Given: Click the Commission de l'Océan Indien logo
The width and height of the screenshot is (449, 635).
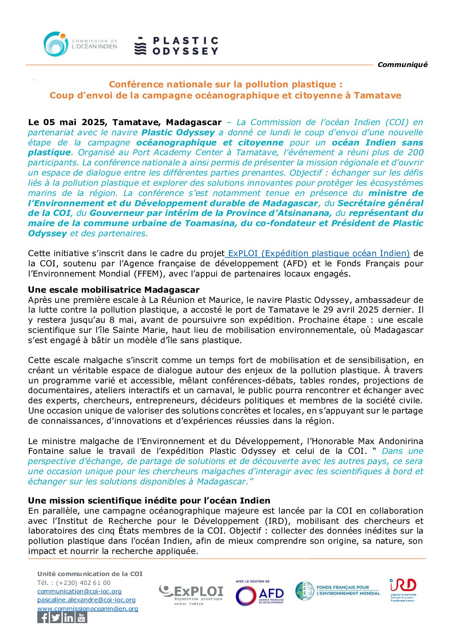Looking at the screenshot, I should tap(80, 44).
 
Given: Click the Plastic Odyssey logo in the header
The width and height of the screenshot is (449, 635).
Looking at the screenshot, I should tap(176, 46).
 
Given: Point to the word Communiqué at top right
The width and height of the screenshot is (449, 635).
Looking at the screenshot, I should tap(402, 64).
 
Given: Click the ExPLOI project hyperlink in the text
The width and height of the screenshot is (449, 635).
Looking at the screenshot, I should tap(318, 253).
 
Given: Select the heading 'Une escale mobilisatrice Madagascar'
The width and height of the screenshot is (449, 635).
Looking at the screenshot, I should tap(114, 290).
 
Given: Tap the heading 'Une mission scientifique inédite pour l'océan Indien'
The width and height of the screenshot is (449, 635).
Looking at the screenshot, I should tap(149, 500).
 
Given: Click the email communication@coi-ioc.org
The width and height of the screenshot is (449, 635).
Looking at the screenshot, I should tap(79, 591).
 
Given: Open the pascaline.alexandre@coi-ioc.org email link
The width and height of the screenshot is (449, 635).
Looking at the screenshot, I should tap(86, 600).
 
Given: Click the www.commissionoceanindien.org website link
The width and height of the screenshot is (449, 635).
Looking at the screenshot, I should tap(88, 609).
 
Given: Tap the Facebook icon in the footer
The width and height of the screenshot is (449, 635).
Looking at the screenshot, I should tap(43, 618).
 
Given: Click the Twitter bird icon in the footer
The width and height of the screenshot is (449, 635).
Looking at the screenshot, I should tap(56, 618).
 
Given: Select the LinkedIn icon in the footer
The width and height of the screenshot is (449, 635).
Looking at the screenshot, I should tap(69, 618).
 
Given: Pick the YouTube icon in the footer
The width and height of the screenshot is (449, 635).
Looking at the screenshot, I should tap(81, 618).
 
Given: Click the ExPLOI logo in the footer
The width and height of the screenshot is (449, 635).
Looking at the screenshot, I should tap(191, 594).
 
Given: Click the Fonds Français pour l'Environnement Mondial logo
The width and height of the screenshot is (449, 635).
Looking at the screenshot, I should tap(337, 590).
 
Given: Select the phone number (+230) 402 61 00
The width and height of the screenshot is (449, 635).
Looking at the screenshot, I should tap(74, 582).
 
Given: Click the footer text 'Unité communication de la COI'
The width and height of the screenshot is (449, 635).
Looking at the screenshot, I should tap(90, 573).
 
